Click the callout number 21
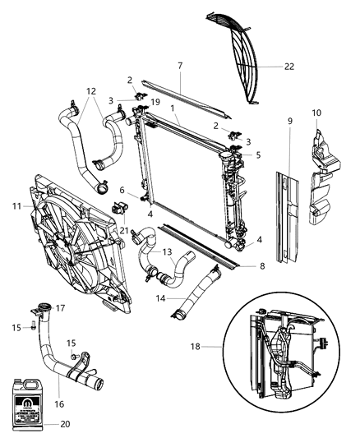pyautogui.click(x=126, y=231)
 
